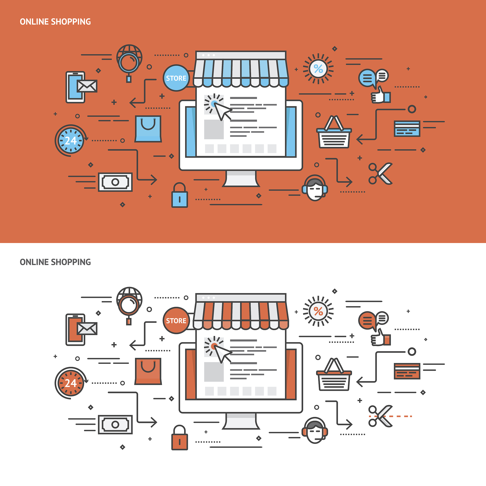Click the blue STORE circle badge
176,78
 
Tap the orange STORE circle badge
176,320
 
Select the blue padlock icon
180,195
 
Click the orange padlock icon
180,437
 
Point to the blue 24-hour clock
71,140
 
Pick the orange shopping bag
148,371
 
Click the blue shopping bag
148,129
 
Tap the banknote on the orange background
115,182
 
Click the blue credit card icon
407,129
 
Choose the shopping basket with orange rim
334,374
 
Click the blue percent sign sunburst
318,69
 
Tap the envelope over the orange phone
87,329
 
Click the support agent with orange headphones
315,431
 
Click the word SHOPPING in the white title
71,22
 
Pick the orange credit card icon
407,371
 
